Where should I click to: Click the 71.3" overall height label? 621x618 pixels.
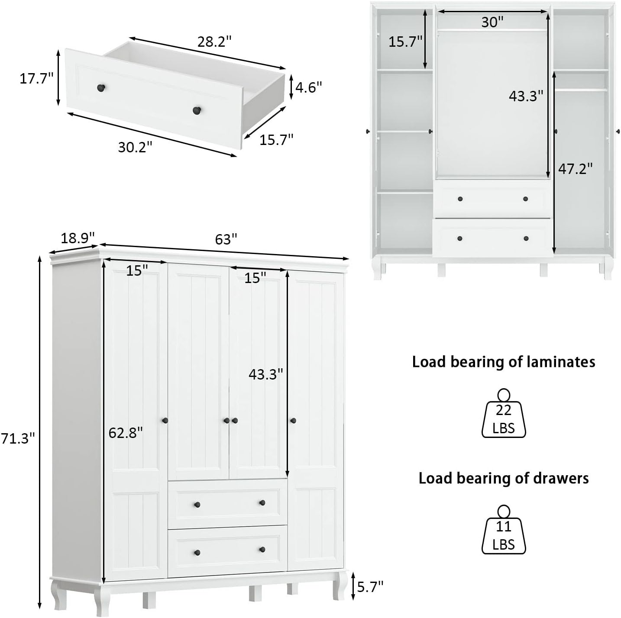coord(17,438)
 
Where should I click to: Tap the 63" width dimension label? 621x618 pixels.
coord(226,239)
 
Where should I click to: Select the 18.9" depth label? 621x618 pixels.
coord(77,238)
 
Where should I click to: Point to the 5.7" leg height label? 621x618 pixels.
coord(370,587)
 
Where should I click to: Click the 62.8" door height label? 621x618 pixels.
coord(126,432)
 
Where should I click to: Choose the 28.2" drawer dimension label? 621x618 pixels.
coord(214,42)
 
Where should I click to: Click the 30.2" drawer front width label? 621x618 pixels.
coord(135,147)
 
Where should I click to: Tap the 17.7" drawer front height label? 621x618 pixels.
coord(36,78)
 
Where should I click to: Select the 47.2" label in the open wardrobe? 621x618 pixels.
coord(575,168)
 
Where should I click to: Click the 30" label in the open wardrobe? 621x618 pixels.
coord(492,22)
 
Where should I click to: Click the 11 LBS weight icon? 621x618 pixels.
coord(504,531)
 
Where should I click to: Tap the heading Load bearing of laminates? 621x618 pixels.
coord(503,362)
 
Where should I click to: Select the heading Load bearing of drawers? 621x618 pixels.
coord(503,478)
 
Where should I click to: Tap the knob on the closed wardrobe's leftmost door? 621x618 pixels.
coord(164,420)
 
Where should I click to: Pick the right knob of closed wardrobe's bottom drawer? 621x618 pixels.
coord(262,550)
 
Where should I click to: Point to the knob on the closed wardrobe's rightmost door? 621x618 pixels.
coord(293,420)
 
